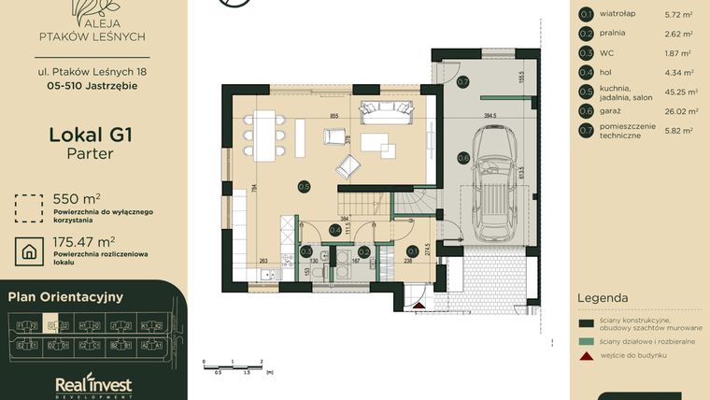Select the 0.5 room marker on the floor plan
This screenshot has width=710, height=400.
click(x=304, y=186)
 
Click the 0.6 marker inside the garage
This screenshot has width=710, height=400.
click(x=463, y=158)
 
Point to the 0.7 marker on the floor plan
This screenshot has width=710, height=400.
click(x=462, y=82)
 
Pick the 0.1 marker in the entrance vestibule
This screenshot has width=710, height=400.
click(x=412, y=250)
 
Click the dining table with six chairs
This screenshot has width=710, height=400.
click(x=266, y=134)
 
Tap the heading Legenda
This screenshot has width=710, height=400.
click(x=603, y=298)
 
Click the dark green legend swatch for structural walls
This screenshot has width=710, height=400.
click(x=586, y=323)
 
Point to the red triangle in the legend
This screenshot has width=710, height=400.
click(x=586, y=356)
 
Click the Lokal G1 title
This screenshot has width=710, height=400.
click(x=90, y=135)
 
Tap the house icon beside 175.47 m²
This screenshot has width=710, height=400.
click(x=30, y=250)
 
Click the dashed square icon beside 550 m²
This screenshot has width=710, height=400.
click(x=30, y=206)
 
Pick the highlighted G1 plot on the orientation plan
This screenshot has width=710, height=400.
click(x=52, y=326)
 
